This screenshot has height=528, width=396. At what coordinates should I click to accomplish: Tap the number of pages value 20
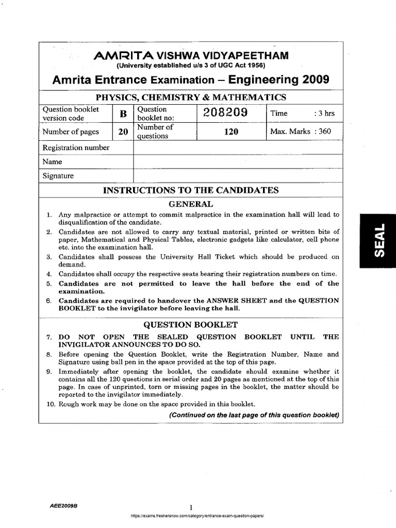click(x=123, y=132)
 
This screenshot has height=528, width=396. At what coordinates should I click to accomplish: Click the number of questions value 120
click(x=230, y=132)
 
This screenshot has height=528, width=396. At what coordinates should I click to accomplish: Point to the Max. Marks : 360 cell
click(x=300, y=131)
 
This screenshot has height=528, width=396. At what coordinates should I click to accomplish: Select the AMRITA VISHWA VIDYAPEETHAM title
click(x=191, y=56)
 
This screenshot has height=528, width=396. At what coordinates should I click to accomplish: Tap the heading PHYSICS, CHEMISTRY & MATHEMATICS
click(x=191, y=98)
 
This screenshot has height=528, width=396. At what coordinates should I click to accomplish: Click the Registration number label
click(x=76, y=148)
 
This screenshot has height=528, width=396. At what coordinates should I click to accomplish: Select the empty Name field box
click(x=238, y=161)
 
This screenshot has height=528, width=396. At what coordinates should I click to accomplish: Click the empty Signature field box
click(x=238, y=175)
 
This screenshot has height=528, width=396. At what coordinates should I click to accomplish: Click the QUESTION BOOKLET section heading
click(x=191, y=325)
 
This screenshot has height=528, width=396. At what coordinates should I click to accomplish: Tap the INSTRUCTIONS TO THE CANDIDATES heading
click(x=191, y=190)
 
